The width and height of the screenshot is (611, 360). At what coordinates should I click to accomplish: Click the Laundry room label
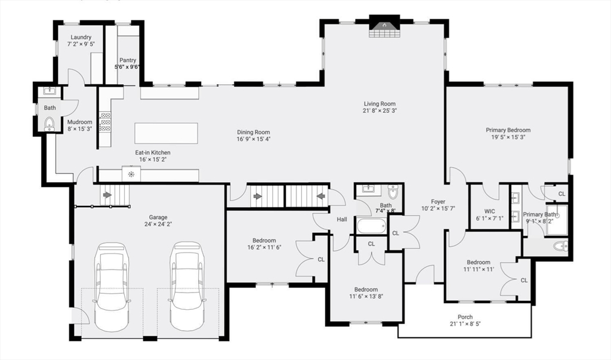81,37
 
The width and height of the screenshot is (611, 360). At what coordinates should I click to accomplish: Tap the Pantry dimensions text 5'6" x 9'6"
128,67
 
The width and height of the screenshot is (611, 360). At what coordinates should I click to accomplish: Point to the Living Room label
379,104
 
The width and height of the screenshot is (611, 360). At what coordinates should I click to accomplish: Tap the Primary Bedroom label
508,130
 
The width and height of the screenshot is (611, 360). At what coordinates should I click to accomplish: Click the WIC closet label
489,211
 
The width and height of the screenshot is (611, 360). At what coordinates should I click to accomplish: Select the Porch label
465,317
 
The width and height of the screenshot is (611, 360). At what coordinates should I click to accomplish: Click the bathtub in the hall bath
371,226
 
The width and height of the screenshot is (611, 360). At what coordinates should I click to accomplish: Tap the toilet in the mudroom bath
49,124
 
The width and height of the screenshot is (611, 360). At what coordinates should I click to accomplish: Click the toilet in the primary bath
560,246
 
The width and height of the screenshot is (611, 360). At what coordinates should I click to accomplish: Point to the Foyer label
439,202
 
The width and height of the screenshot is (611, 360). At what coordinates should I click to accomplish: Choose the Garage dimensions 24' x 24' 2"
158,224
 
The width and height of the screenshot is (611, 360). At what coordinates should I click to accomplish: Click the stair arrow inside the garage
107,195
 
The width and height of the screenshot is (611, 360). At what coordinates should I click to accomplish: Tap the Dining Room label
254,133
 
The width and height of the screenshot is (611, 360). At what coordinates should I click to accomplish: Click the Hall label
342,220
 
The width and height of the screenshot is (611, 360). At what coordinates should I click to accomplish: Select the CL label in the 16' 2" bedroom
321,259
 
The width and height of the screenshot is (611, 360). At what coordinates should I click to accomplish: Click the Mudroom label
79,122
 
